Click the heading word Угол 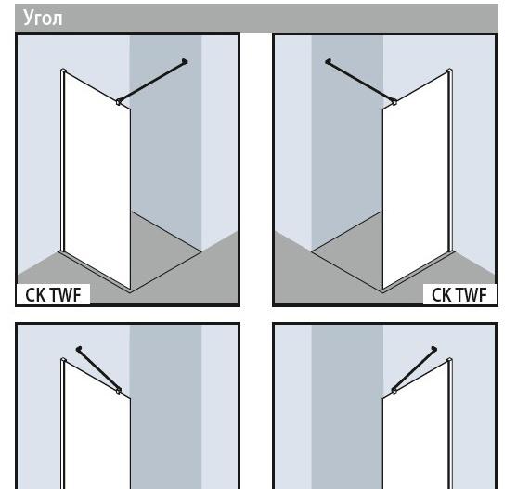[x=43, y=18]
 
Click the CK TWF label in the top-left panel [x=53, y=294]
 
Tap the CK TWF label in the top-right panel [x=459, y=294]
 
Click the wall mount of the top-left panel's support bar [x=185, y=61]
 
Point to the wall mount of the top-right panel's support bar [x=328, y=61]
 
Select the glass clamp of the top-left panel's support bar [x=119, y=102]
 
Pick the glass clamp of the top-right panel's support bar [x=394, y=102]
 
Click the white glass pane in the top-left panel [x=97, y=181]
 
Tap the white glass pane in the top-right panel [x=416, y=181]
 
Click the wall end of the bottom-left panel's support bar [x=79, y=349]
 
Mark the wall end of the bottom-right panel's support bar [x=434, y=349]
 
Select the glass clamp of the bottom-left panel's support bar [x=119, y=391]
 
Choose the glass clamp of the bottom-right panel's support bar [x=394, y=391]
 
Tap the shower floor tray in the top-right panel [x=347, y=251]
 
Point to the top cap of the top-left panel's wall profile [x=63, y=71]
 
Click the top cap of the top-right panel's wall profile [x=450, y=71]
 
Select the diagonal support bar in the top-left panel [x=151, y=81]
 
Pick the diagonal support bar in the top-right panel [x=361, y=81]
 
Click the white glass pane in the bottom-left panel [x=97, y=429]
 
